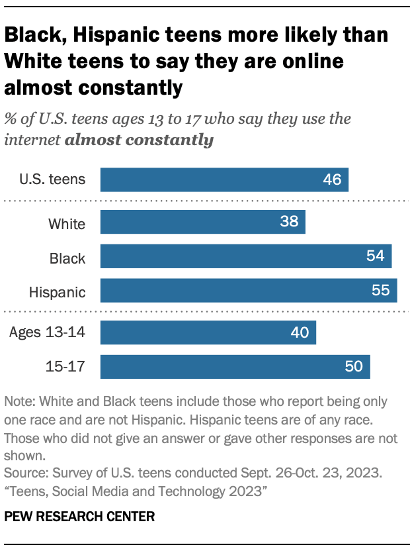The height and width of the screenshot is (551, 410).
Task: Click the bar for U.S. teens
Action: tap(224, 179)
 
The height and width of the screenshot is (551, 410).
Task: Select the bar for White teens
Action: tap(202, 223)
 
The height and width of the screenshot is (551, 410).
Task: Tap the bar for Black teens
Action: tap(246, 256)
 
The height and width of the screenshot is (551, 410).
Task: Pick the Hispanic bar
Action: tap(249, 290)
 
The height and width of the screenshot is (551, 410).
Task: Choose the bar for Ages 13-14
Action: tap(208, 332)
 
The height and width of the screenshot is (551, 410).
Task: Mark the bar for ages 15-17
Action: tap(235, 366)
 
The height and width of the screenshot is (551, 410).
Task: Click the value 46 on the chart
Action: tap(332, 179)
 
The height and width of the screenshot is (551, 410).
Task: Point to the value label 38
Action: tap(289, 223)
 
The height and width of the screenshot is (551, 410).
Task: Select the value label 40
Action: tap(300, 332)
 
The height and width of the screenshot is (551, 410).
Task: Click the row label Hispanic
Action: tap(58, 291)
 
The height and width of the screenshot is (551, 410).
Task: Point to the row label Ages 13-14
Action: tap(47, 332)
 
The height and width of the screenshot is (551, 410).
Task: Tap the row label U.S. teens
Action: tap(53, 179)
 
